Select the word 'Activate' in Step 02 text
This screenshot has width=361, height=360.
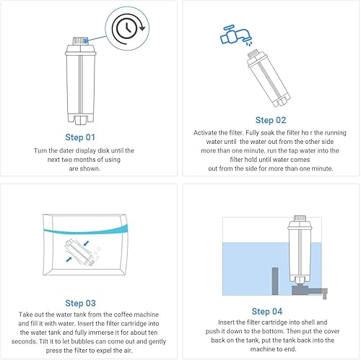click(x=209, y=133)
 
